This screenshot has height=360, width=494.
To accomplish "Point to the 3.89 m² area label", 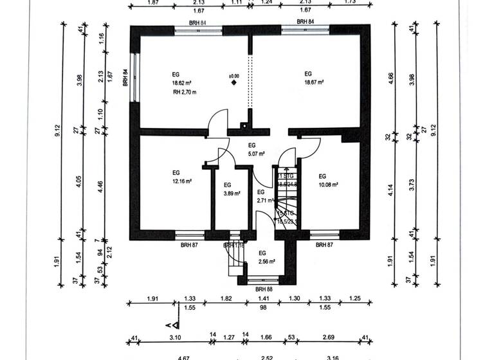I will (232, 193).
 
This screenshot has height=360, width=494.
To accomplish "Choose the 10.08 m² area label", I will (328, 184).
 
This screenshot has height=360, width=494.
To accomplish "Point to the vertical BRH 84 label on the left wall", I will (126, 78).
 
